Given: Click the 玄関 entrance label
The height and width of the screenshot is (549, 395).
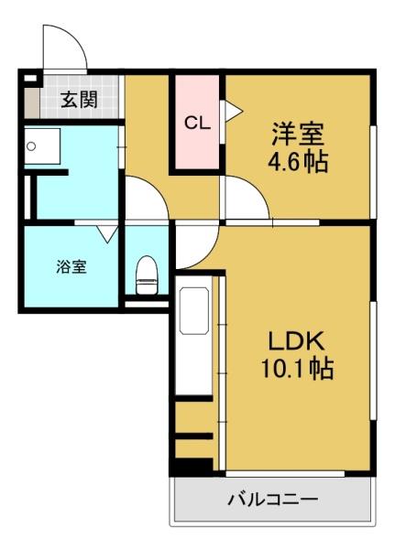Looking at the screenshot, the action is (x=80, y=100).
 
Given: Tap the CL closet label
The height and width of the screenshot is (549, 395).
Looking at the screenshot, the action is (x=198, y=124).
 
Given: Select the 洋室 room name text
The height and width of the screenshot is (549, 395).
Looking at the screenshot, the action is (x=298, y=134).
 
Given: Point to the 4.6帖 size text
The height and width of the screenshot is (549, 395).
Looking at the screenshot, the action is (x=298, y=162).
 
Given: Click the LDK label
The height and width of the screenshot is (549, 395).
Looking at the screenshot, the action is (x=296, y=341).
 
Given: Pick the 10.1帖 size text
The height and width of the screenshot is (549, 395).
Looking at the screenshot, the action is (x=297, y=369).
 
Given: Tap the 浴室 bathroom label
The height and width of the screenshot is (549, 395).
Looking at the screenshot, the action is (x=71, y=267).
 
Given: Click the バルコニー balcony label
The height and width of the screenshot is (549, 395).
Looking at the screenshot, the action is (x=273, y=499).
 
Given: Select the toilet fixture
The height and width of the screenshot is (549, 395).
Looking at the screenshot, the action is (x=147, y=275).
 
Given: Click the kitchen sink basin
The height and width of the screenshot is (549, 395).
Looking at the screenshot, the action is (x=194, y=311).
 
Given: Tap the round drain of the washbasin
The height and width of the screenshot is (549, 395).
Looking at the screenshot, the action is (x=31, y=146).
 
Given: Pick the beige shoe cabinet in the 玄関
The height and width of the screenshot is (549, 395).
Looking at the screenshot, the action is (x=32, y=102).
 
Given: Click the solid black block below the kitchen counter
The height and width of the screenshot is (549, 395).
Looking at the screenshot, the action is (x=194, y=465).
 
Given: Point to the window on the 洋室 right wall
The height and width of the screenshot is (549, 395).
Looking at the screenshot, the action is (x=373, y=171).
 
